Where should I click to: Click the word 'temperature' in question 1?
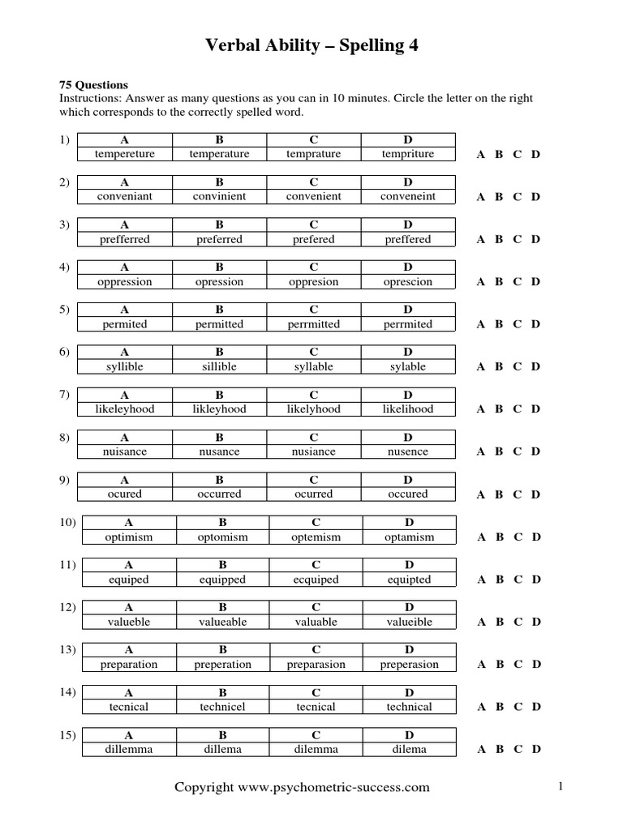click(219, 154)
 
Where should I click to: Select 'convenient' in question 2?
click(313, 196)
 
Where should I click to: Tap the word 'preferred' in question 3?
click(219, 239)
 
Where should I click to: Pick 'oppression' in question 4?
click(124, 282)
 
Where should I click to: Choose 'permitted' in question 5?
click(219, 324)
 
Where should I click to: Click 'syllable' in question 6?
click(313, 367)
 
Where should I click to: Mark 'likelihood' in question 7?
click(408, 409)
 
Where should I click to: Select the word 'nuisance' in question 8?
click(124, 451)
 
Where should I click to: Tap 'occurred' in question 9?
click(219, 494)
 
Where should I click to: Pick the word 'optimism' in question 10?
click(128, 537)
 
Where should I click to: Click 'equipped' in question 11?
click(222, 580)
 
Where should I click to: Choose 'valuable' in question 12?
click(316, 622)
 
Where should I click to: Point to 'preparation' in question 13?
click(128, 665)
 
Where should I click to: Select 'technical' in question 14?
click(410, 708)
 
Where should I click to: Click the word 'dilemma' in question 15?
click(316, 750)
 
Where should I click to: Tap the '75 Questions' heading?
click(93, 85)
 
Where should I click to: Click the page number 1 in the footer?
click(560, 785)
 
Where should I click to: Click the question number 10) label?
click(67, 522)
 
